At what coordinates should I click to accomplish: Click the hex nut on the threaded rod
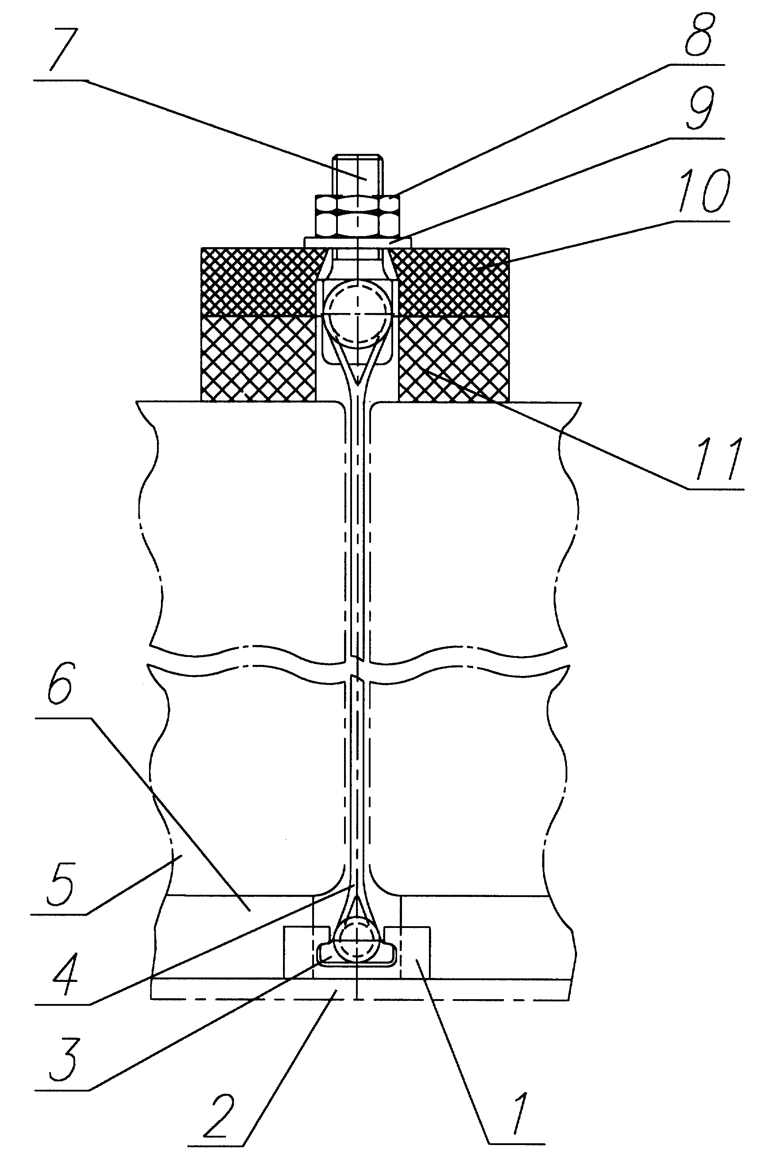tap(358, 216)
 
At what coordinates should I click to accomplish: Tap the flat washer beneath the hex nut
tap(358, 242)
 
